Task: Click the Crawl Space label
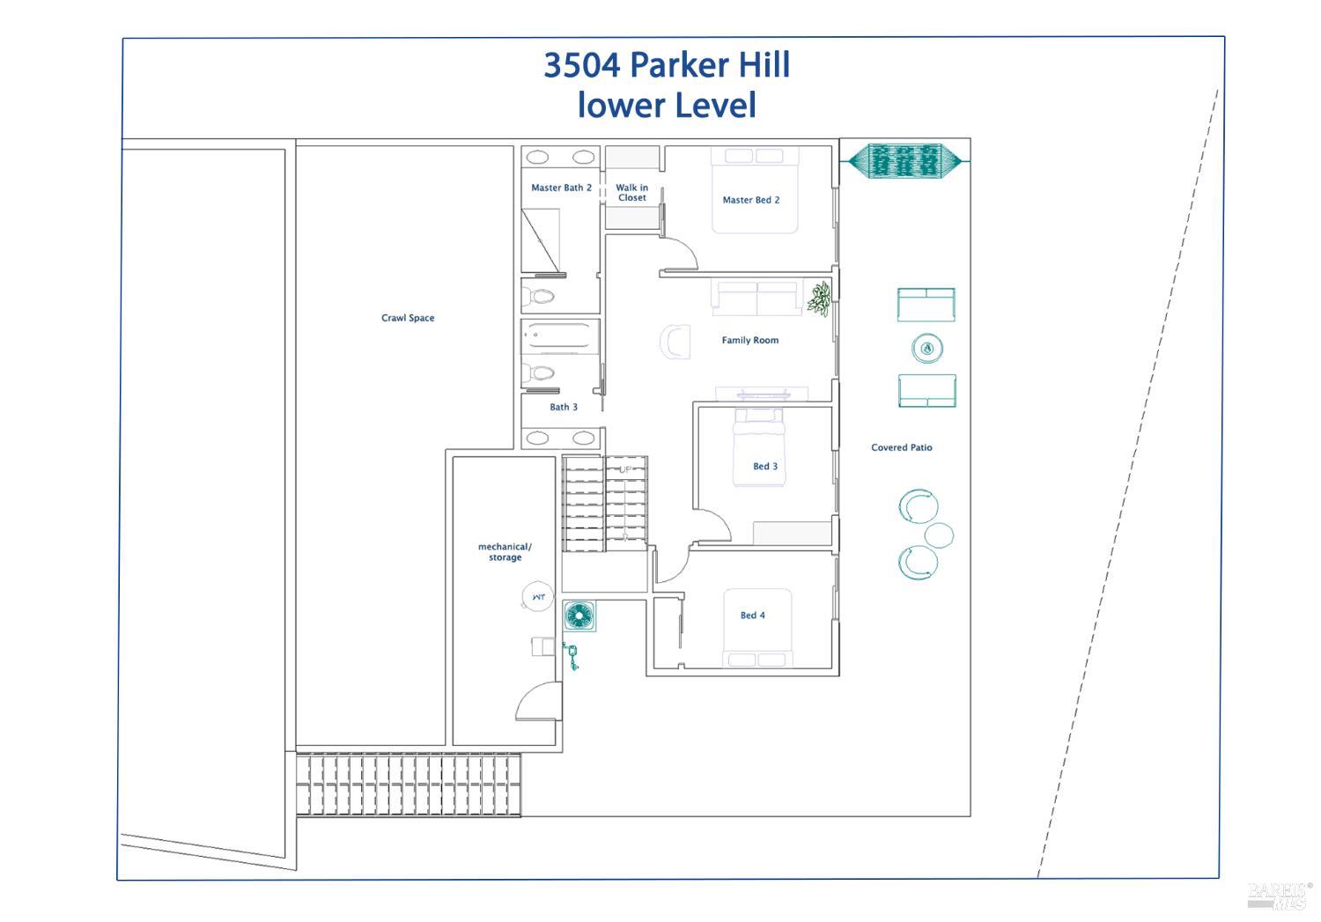coord(408,318)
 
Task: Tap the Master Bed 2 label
coord(750,200)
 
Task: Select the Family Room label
coord(750,340)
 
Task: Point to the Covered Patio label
coord(901,447)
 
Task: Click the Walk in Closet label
coord(631,192)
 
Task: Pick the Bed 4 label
coord(752,615)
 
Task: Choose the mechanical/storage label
coord(505,552)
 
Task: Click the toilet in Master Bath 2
coord(538,295)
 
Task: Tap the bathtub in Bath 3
coord(559,337)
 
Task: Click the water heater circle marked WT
coord(537,596)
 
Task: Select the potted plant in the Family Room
coord(819,299)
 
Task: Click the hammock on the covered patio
coord(905,160)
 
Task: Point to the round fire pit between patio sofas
coord(927,348)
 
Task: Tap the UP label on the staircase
coord(625,469)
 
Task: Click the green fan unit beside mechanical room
coord(579,616)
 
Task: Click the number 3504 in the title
coord(581,65)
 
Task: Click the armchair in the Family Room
coord(675,342)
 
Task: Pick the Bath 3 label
coord(564,407)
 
